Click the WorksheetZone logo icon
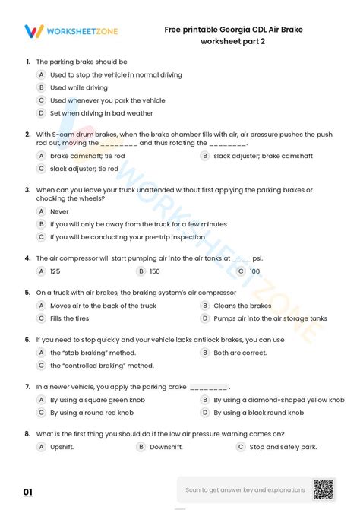tap(34, 31)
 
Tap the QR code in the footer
tap(324, 489)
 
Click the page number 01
tap(28, 493)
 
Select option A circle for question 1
tap(41, 74)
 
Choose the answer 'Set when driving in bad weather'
tap(101, 113)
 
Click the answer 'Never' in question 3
tap(59, 211)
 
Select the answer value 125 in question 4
tap(55, 271)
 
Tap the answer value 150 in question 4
tap(154, 271)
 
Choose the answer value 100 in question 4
tap(254, 271)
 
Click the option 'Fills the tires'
tap(69, 318)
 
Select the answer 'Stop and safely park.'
tap(283, 447)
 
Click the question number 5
tap(27, 292)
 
